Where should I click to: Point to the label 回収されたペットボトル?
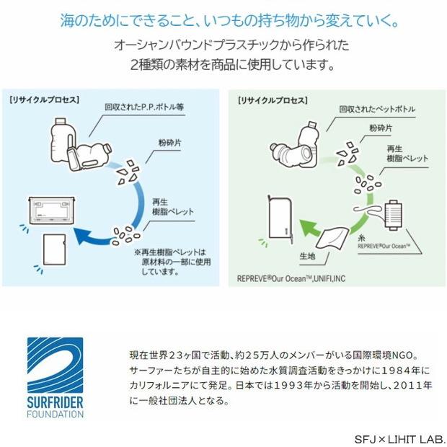(x=377, y=110)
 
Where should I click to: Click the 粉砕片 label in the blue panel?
(x=170, y=143)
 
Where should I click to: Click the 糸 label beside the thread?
(x=359, y=236)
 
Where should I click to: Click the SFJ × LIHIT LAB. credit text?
(x=399, y=438)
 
